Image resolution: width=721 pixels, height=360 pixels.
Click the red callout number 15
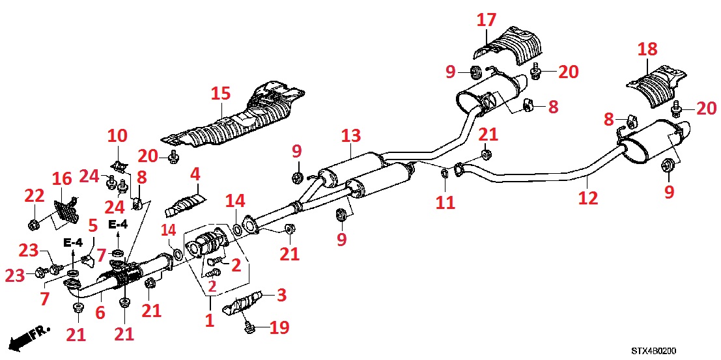221,94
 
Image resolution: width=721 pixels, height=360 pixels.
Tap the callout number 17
486,20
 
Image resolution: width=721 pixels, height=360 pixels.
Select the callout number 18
647,49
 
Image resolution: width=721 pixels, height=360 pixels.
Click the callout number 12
587,198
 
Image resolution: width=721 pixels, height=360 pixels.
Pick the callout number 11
445,202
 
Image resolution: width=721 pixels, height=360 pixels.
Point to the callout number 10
117,136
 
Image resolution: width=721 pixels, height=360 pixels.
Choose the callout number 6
100,312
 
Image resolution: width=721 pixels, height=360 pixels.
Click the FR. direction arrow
30,339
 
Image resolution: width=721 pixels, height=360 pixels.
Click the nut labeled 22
33,225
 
